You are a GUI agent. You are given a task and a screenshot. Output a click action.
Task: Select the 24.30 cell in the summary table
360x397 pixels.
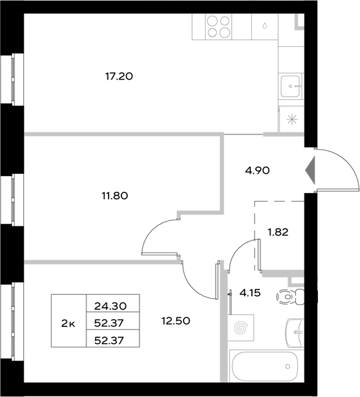(113, 306)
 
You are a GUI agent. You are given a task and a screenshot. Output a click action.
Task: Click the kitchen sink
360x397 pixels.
(290, 86)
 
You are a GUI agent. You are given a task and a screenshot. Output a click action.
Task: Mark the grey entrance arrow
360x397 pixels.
(310, 170)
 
